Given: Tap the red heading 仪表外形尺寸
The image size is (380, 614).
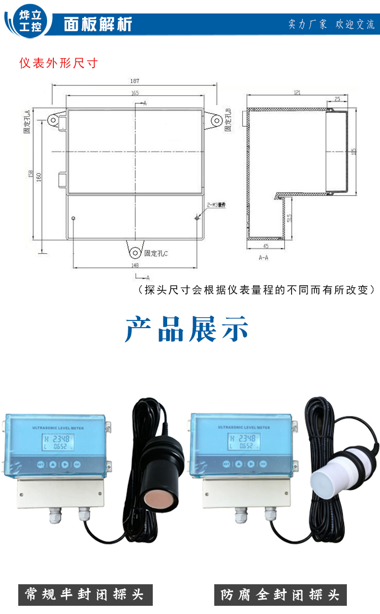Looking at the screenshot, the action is tap(58, 63).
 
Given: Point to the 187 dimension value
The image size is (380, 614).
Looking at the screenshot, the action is tap(135, 81).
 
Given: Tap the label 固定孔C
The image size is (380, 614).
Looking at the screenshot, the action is tap(156, 253).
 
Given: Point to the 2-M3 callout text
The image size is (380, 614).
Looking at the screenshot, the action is tap(216, 205).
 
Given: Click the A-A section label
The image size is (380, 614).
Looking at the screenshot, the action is tap(263, 258).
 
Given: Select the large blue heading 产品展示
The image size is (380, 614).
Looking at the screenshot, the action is tap(187, 329).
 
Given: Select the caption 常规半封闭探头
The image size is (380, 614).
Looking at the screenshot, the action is tap(85, 595).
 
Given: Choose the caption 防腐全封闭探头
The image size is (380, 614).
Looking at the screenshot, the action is tap(281, 595).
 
